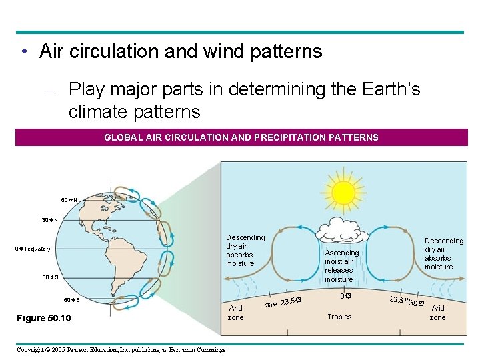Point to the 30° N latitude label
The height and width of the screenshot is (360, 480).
[49, 220]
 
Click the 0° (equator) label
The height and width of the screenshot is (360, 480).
[33, 249]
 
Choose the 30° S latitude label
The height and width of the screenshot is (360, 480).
[50, 277]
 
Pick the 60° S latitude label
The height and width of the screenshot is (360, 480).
[71, 299]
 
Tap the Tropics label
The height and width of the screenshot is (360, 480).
[339, 317]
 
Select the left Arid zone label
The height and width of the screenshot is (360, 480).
[236, 313]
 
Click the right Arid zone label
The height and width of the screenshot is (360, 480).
[438, 313]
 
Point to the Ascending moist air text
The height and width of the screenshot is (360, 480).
[341, 266]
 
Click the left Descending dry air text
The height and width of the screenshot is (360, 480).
[245, 250]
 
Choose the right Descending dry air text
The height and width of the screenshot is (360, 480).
[443, 253]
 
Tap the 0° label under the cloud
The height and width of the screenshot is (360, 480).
[344, 296]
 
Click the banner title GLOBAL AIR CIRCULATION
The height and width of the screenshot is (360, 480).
[241, 137]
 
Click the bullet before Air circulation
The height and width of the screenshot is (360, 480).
[23, 52]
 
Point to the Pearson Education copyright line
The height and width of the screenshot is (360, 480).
[121, 350]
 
